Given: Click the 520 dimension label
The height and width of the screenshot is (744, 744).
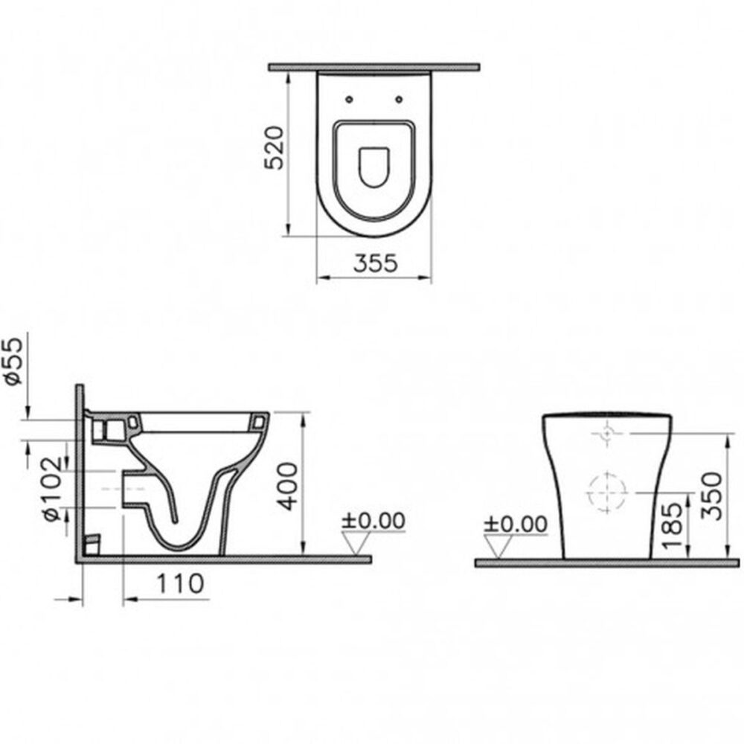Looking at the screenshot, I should point(275,148).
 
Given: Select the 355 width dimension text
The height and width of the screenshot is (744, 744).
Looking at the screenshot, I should point(375,263).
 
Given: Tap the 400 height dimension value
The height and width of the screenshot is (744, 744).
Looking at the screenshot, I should point(289,484).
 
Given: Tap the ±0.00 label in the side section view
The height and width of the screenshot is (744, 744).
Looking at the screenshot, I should point(373,521).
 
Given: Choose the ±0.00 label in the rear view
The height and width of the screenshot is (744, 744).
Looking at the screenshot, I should point(515,523).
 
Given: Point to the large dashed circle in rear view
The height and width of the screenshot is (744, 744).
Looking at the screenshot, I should point(606,491).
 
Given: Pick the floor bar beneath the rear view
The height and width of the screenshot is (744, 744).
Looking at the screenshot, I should point(607,563).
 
